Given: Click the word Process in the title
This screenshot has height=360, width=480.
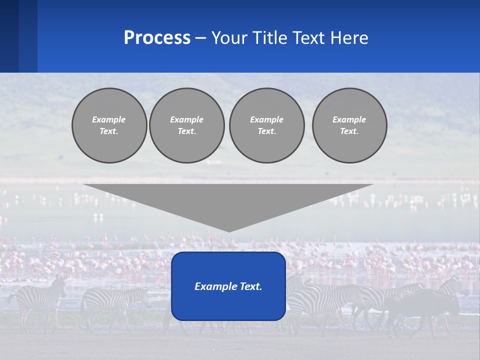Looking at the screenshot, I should (157, 38).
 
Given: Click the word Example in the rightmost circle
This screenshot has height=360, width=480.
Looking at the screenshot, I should (349, 119).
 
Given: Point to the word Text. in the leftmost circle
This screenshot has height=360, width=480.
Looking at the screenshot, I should (109, 131).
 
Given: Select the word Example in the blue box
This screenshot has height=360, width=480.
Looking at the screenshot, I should (212, 286).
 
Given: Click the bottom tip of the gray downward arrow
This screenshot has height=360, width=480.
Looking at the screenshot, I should (229, 230).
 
